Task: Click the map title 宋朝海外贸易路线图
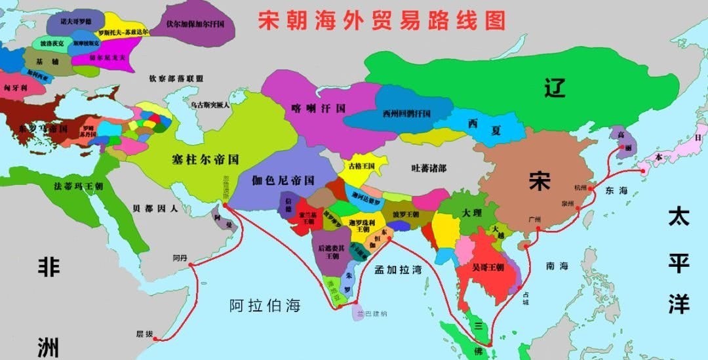pos(382,20)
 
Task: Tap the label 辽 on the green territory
pos(554,87)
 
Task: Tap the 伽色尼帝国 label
pos(284,180)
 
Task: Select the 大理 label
pos(471,214)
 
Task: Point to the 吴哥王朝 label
pos(488,267)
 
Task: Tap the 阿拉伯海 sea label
pos(265,305)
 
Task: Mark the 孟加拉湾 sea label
pos(398,270)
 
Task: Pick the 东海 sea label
pos(616,191)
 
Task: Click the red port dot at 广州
pos(538,229)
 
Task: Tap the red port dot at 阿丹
pos(191,265)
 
